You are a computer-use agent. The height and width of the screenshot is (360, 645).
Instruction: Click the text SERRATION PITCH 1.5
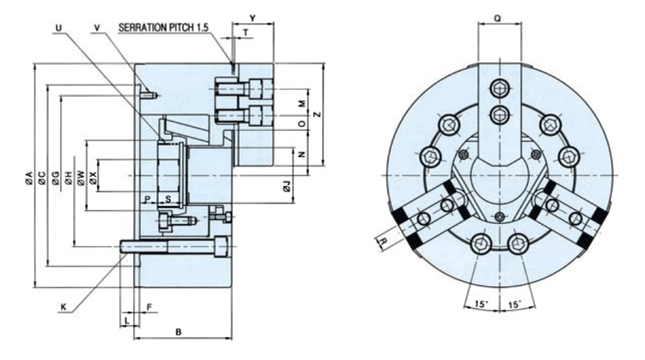[164, 28]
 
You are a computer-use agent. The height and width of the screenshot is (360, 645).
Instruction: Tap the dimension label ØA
[29, 178]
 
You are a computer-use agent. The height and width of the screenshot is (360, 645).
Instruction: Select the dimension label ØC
[42, 178]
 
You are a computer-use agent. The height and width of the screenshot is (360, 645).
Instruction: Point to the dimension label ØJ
[287, 186]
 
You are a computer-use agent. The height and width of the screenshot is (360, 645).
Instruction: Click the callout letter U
[59, 28]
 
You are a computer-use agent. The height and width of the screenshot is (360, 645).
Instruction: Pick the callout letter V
[97, 28]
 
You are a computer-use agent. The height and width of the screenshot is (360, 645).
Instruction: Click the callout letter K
[63, 307]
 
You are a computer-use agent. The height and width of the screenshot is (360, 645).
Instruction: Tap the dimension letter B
[178, 331]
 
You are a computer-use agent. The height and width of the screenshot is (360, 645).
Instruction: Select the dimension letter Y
[253, 18]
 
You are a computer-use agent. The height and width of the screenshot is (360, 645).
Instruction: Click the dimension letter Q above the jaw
[497, 18]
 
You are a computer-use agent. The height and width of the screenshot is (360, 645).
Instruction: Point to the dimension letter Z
[317, 114]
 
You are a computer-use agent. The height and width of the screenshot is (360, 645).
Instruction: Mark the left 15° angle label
[481, 304]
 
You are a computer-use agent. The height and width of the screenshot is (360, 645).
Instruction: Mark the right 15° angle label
[514, 304]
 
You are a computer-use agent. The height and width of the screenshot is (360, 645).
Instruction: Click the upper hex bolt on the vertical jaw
[500, 88]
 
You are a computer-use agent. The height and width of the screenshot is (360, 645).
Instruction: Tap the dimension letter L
[127, 320]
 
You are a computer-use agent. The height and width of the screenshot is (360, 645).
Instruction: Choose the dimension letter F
[149, 307]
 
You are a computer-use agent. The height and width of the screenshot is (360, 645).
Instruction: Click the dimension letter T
[246, 33]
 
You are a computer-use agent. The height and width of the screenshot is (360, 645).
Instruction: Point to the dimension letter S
[168, 200]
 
